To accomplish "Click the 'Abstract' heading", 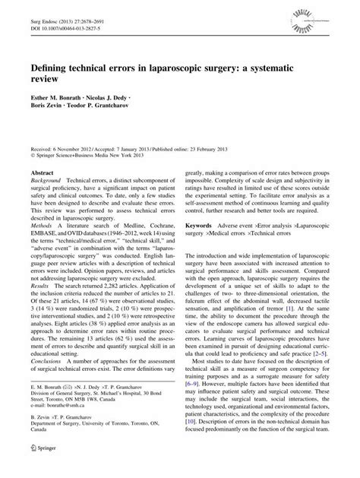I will (x=42, y=194).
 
